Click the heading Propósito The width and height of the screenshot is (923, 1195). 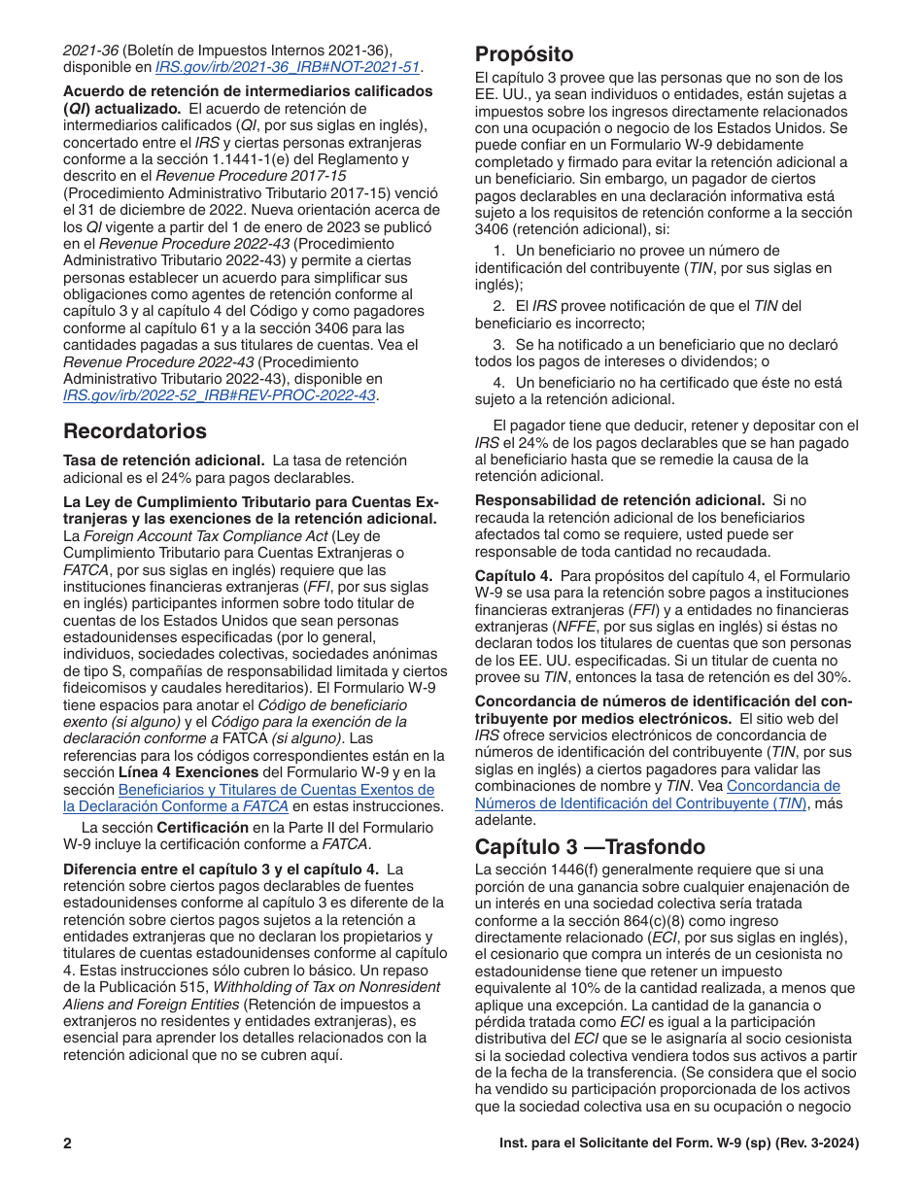[524, 54]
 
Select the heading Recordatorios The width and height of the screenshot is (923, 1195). [135, 430]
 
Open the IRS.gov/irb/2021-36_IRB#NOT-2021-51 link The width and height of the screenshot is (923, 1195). [289, 67]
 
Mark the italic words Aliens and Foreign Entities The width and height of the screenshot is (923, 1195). [145, 1004]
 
